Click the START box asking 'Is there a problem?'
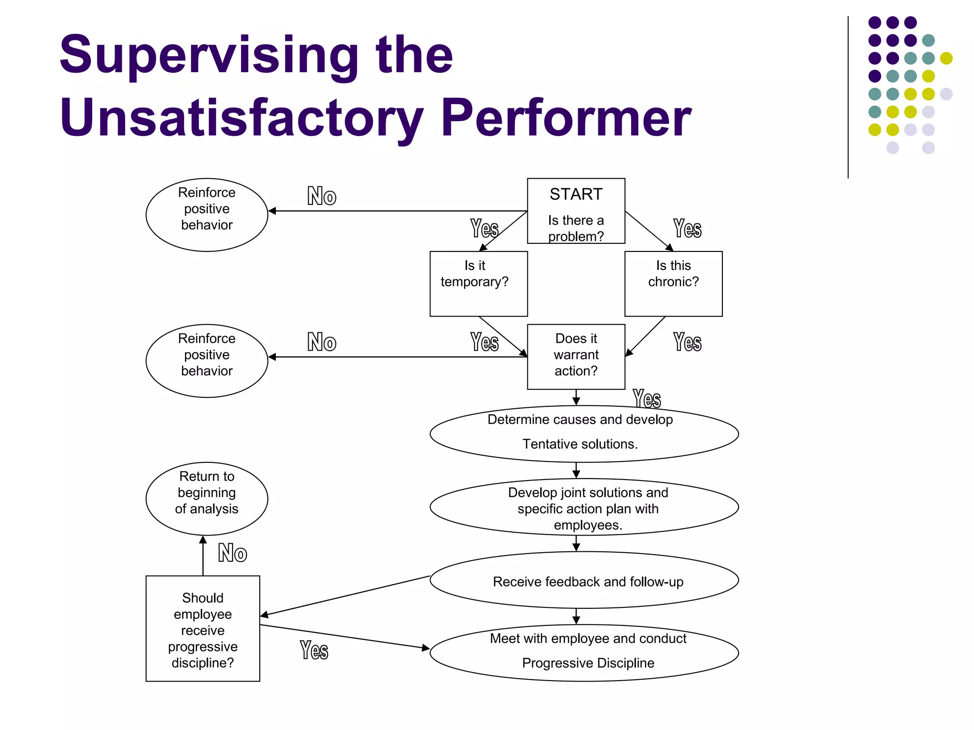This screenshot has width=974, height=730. pos(576,211)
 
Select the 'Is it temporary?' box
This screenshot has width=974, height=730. pos(479,284)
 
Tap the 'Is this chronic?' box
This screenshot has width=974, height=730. pos(673,284)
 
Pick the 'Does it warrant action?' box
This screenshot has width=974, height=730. pos(576,357)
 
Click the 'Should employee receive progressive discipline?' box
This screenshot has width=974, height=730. pos(203,629)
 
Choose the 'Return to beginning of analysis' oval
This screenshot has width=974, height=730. pos(207,499)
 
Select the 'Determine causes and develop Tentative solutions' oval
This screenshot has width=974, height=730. pos(584,433)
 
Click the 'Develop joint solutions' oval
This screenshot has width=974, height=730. pos(584,507)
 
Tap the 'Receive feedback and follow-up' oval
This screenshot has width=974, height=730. pos(584,580)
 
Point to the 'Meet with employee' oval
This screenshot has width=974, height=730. pos(584,653)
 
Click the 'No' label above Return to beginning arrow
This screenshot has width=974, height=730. pos(233,553)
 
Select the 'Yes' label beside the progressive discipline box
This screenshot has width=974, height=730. pos(314,650)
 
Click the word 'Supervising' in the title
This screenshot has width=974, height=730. pos(209,56)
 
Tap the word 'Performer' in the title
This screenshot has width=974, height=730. pos(566,118)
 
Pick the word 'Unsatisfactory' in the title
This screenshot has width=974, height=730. pos(242,119)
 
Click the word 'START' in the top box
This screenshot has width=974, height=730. pos(576,194)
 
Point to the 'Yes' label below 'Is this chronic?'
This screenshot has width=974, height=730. pos(687,342)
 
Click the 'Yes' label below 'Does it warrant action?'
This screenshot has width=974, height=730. pos(647,399)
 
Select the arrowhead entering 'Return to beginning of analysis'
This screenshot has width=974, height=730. pos(203,539)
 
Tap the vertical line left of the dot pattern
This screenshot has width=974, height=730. pos(848,97)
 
